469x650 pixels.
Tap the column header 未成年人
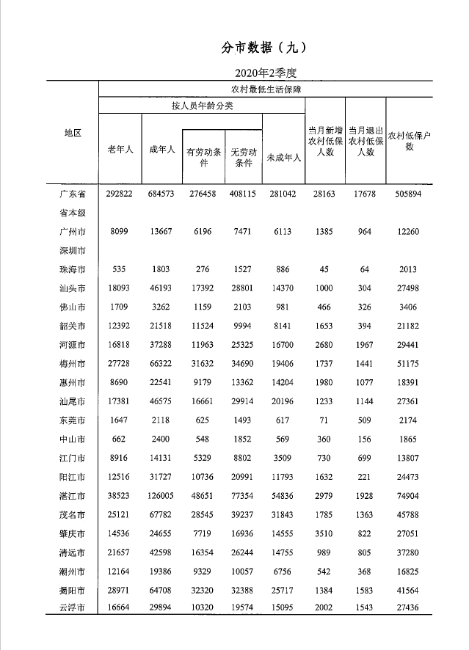[x=283, y=157]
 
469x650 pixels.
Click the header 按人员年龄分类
[x=202, y=106]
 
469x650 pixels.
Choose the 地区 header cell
[x=72, y=133]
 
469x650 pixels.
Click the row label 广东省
[x=72, y=194]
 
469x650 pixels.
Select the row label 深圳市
[x=72, y=251]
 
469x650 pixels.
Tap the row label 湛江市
[x=72, y=496]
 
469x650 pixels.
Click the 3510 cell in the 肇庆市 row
[x=325, y=533]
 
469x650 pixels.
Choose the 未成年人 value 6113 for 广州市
[x=283, y=232]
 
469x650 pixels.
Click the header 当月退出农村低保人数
[x=366, y=142]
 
